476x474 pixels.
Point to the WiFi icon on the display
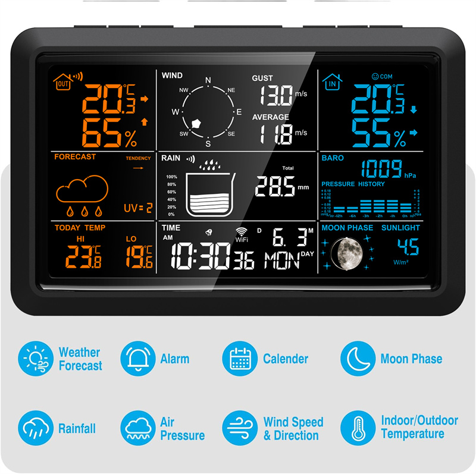pyautogui.click(x=242, y=233)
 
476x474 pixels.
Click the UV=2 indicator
pyautogui.click(x=138, y=208)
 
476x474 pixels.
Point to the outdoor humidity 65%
pyautogui.click(x=109, y=133)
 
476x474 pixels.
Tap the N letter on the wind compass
pyautogui.click(x=208, y=81)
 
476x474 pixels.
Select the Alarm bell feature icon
pyautogui.click(x=138, y=359)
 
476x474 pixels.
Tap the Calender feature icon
pyautogui.click(x=240, y=359)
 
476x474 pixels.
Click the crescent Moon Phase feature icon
pyautogui.click(x=358, y=359)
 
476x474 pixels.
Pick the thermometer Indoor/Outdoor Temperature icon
pyautogui.click(x=358, y=428)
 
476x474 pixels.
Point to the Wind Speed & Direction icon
pyautogui.click(x=240, y=428)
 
